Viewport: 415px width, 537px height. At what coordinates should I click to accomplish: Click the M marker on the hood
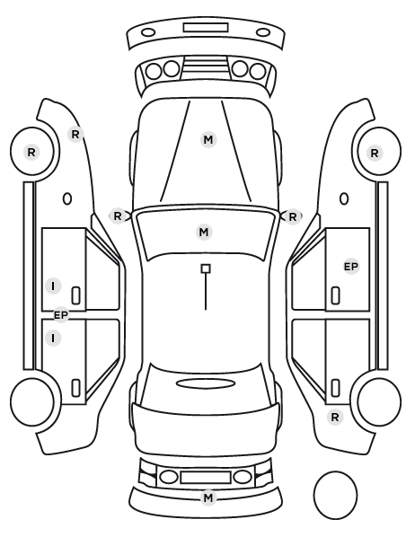point(208,140)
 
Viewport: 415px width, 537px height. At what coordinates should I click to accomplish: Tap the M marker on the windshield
point(204,232)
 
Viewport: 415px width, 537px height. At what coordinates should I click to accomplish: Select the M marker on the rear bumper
point(208,497)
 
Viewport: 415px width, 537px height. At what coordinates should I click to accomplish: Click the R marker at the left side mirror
point(118,216)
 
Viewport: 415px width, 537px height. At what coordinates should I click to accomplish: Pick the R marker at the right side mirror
point(292,216)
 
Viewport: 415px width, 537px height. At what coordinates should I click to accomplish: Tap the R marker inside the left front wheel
point(31,152)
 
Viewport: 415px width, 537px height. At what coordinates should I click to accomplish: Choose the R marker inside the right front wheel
point(375,153)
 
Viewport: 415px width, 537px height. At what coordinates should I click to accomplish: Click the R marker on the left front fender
point(75,135)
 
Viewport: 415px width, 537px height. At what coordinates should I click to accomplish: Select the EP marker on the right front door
point(351,267)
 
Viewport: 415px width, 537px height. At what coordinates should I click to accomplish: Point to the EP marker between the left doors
point(61,315)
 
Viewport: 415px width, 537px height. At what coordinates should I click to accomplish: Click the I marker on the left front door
point(53,286)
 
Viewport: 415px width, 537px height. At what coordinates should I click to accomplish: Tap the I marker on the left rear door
point(53,338)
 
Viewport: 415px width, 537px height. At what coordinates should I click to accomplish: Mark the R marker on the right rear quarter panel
point(335,418)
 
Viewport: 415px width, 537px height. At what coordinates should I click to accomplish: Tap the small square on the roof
point(206,268)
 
